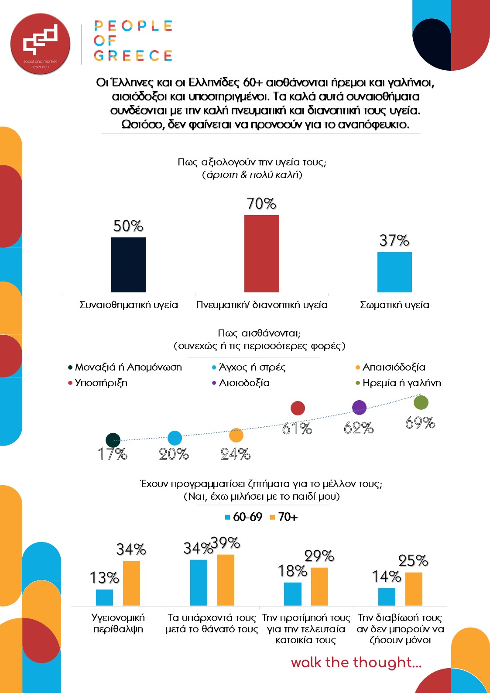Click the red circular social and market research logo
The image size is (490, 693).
(x=40, y=44)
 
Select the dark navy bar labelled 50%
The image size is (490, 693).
(x=129, y=265)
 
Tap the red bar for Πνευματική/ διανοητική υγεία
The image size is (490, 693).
(x=261, y=254)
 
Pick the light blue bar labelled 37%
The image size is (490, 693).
(x=394, y=272)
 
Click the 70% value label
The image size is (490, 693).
(x=261, y=204)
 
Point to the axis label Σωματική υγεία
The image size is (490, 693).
(x=394, y=305)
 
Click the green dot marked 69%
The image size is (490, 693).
(x=421, y=402)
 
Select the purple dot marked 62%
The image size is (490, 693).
(x=359, y=408)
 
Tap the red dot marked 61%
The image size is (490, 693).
(x=298, y=408)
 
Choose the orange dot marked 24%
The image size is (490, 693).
(x=236, y=435)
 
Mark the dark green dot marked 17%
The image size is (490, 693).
(x=113, y=440)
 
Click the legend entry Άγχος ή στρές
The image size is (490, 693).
(x=249, y=367)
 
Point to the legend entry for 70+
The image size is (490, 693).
(x=284, y=517)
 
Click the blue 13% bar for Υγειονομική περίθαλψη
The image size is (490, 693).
(x=104, y=597)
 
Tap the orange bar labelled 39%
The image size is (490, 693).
(x=226, y=580)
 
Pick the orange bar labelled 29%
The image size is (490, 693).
(x=319, y=587)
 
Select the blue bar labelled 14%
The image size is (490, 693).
(x=387, y=597)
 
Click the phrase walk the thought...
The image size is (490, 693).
(x=356, y=662)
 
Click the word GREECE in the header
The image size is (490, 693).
(x=133, y=56)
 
